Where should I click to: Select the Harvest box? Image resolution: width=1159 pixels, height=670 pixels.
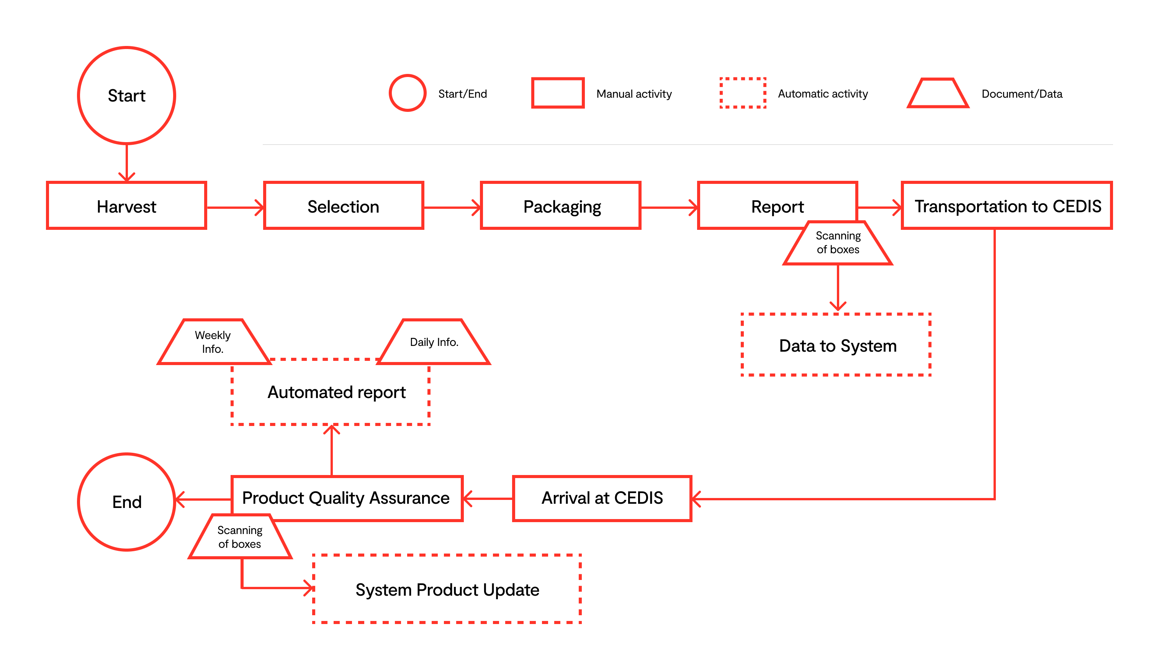[x=126, y=206]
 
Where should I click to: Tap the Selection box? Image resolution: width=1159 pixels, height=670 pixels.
[x=343, y=206]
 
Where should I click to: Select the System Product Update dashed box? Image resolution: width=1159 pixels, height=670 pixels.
[x=447, y=589]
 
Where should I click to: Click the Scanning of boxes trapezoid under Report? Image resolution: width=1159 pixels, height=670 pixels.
[x=838, y=243]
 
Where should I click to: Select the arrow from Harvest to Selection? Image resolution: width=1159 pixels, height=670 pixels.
[x=234, y=207]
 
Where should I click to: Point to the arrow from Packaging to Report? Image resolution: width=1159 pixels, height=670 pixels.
[x=669, y=207]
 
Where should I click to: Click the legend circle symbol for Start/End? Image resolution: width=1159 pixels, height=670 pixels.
[x=408, y=93]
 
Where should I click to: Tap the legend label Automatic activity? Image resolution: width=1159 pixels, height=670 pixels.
[x=822, y=94]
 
